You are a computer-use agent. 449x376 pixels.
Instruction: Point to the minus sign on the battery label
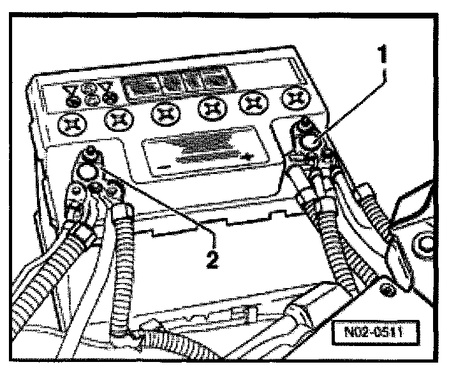click(165, 166)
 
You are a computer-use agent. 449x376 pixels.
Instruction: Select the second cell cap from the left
click(116, 117)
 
